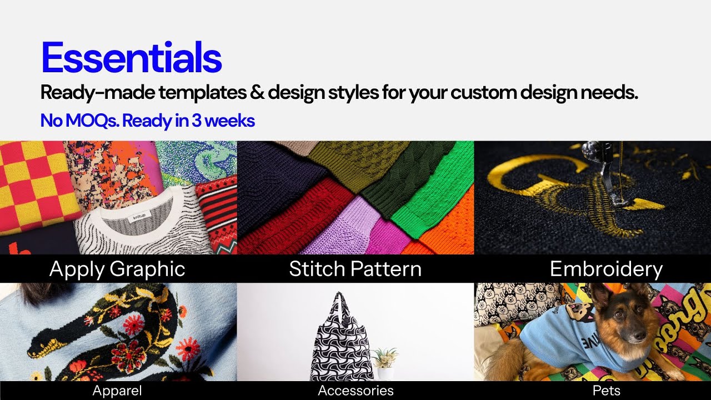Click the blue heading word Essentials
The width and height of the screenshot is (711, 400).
(131, 58)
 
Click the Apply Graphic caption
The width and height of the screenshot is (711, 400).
(117, 269)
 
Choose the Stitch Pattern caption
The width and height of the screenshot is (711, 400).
(355, 269)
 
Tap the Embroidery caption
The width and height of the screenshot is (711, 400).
(606, 269)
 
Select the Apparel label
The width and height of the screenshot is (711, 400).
(117, 391)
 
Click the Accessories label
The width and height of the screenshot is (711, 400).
(355, 391)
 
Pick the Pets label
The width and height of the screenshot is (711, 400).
(606, 391)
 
